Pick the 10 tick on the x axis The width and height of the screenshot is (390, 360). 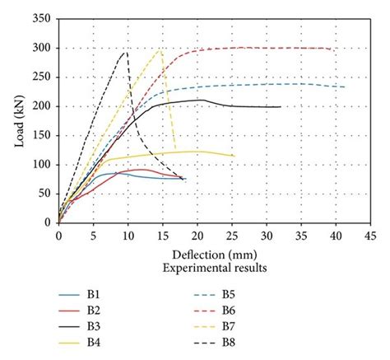pyautogui.click(x=128, y=235)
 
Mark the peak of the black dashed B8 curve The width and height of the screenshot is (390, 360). pyautogui.click(x=126, y=52)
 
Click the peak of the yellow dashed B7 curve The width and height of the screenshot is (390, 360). pyautogui.click(x=160, y=49)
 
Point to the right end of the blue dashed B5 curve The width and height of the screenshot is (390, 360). pyautogui.click(x=345, y=87)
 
